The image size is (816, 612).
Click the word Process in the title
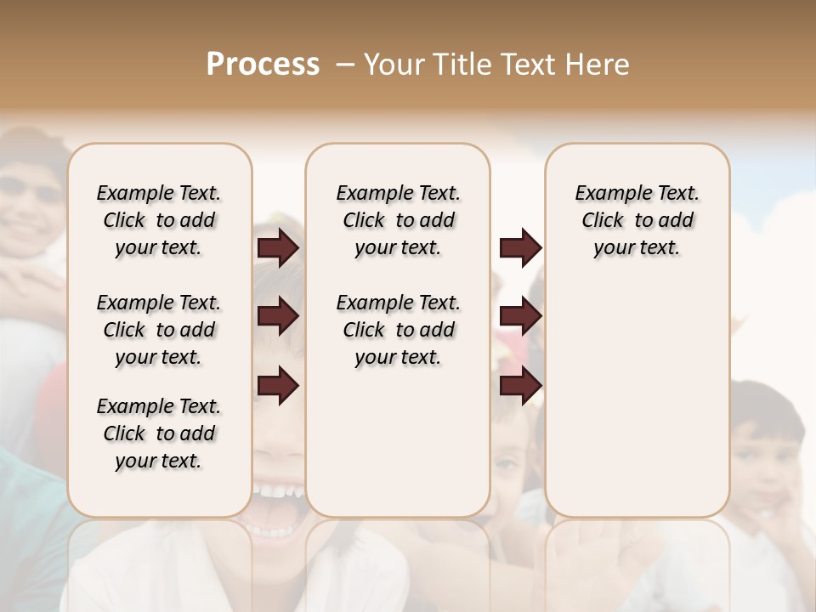[x=263, y=64]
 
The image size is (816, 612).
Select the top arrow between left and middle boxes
[x=278, y=247]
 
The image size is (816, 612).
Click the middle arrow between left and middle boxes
[x=278, y=316]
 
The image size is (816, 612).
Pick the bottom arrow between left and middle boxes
[x=278, y=386]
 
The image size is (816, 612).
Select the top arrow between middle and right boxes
[x=520, y=247]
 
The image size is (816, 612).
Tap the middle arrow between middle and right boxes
[x=520, y=316]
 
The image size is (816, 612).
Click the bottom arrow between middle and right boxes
[x=520, y=386]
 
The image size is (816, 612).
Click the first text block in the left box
[x=159, y=220]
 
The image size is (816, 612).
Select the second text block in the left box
[x=159, y=330]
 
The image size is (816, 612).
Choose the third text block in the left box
[x=159, y=433]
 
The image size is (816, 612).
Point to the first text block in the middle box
[x=398, y=220]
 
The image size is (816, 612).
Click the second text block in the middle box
[x=398, y=330]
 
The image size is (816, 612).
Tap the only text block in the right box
[x=637, y=220]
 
